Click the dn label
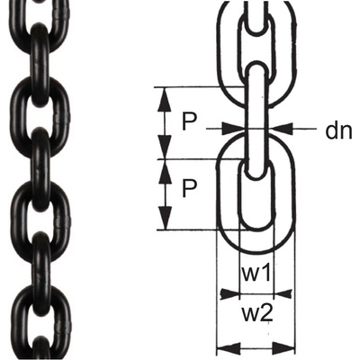[338, 131]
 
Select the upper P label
[189, 122]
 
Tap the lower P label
[189, 188]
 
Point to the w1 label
[256, 274]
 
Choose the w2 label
[257, 314]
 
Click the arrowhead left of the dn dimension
[233, 129]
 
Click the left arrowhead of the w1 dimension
[229, 293]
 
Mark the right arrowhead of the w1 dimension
[283, 293]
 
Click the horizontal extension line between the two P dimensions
[201, 159]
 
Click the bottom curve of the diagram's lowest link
[256, 251]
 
